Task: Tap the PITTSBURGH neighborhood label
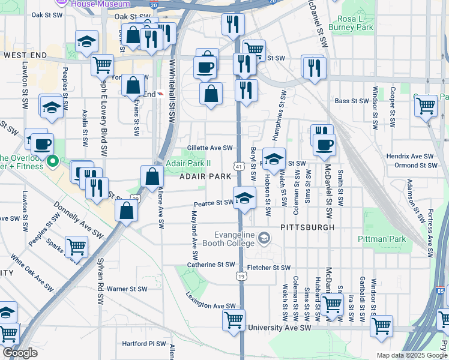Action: pos(307,228)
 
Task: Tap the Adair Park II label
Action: pos(188,163)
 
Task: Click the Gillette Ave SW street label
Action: pos(209,148)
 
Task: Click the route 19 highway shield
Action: pos(240,276)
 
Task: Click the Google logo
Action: pos(20,353)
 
